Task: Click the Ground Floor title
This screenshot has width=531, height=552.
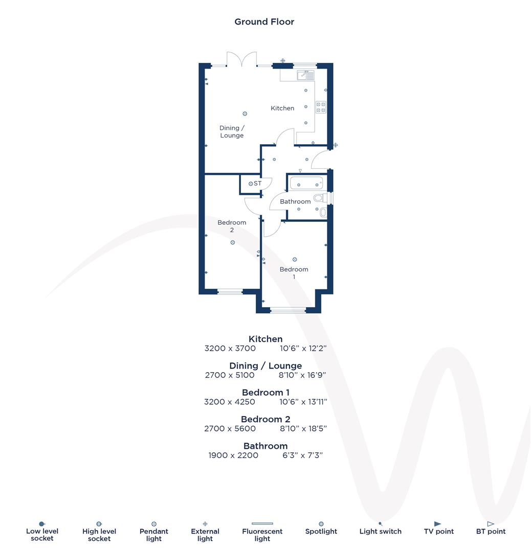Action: pyautogui.click(x=264, y=21)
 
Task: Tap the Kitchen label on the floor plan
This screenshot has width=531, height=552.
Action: pyautogui.click(x=282, y=108)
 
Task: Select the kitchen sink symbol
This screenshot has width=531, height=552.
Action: pyautogui.click(x=305, y=76)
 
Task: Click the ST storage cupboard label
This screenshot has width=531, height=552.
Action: pyautogui.click(x=257, y=183)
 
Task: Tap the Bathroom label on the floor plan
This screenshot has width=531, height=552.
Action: pyautogui.click(x=295, y=201)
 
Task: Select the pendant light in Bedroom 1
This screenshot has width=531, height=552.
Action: pyautogui.click(x=295, y=260)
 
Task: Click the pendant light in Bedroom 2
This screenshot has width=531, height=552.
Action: pyautogui.click(x=232, y=243)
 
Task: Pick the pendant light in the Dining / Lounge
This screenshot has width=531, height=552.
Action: pyautogui.click(x=245, y=113)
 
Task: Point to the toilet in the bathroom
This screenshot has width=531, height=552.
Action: pyautogui.click(x=320, y=197)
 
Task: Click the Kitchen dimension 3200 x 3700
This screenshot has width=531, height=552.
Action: pyautogui.click(x=230, y=349)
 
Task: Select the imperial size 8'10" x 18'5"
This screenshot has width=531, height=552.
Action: pyautogui.click(x=303, y=429)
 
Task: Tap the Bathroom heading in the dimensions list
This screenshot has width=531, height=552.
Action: pyautogui.click(x=265, y=446)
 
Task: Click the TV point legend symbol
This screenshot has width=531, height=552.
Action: pyautogui.click(x=437, y=524)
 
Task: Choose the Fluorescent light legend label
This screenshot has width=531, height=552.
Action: pyautogui.click(x=262, y=535)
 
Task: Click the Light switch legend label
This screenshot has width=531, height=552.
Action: pyautogui.click(x=380, y=532)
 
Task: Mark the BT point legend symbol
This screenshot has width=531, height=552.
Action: pyautogui.click(x=491, y=524)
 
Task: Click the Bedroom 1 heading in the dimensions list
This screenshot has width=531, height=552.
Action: pyautogui.click(x=265, y=393)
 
